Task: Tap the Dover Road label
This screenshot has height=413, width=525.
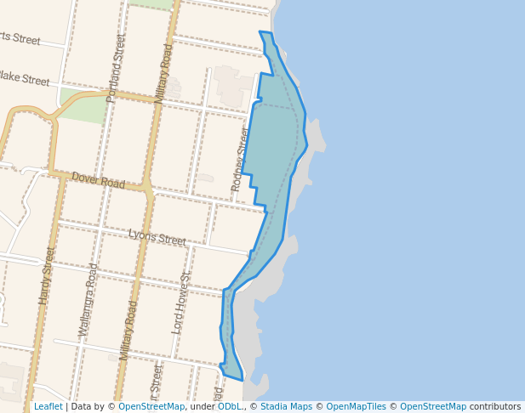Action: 99,180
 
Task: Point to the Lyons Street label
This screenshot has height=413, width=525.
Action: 157,238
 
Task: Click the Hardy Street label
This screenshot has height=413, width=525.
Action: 46,276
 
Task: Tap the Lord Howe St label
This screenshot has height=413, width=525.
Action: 180,302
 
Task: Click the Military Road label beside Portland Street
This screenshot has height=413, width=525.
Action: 163,74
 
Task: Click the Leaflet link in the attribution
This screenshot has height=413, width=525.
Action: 48,406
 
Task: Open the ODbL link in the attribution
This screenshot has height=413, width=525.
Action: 230,406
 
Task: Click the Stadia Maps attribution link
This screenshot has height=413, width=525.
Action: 286,406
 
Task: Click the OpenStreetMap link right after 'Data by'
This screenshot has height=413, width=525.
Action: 151,406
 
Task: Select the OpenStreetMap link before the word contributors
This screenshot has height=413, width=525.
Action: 433,406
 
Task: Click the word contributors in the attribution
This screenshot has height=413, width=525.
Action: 495,406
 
